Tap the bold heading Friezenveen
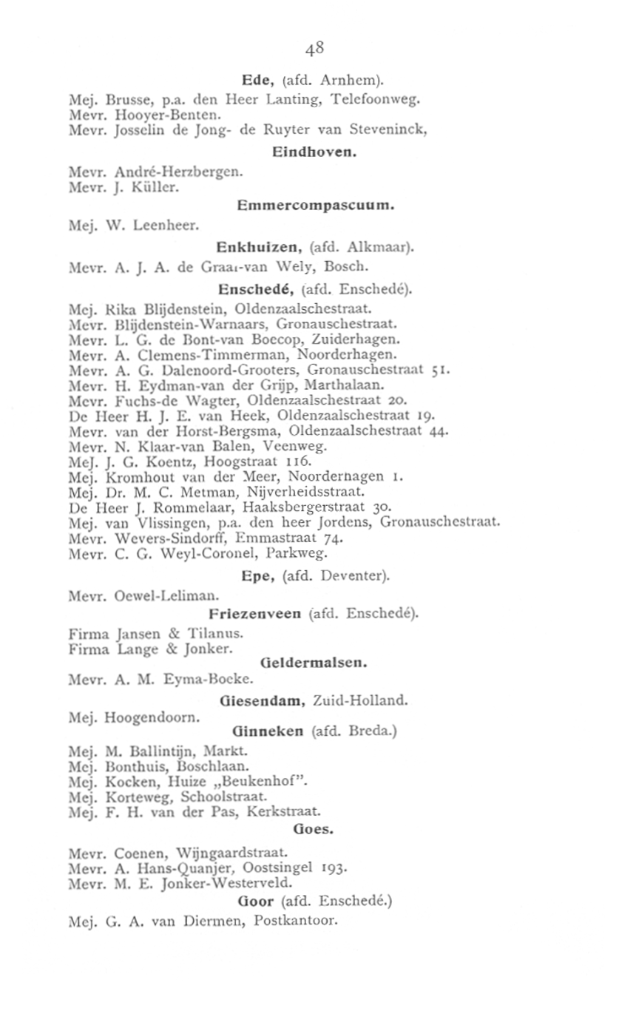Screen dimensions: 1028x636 (254, 613)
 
